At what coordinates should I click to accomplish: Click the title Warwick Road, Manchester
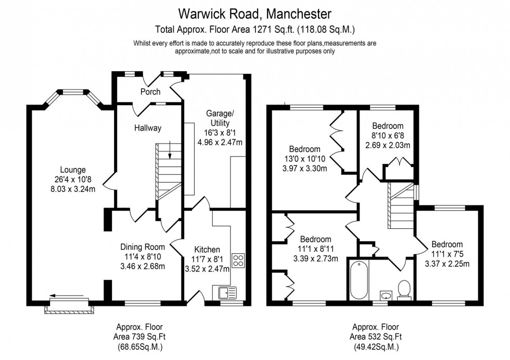(x=255, y=12)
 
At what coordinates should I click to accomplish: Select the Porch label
(x=150, y=92)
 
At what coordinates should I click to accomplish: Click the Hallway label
(x=148, y=128)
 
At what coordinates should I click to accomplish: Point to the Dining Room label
(x=143, y=247)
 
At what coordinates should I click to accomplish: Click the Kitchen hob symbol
(x=239, y=260)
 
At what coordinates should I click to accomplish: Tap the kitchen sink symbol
(x=225, y=293)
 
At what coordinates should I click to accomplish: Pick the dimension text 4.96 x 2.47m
(x=220, y=142)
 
